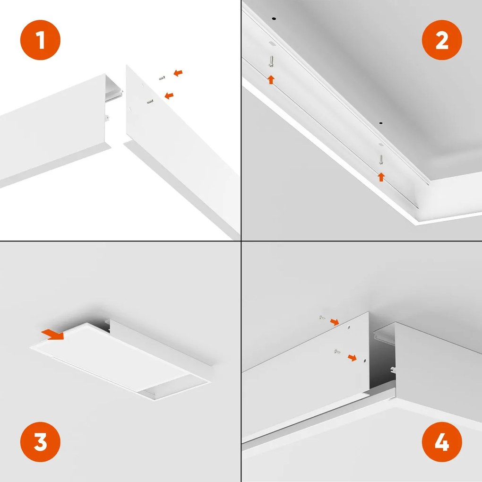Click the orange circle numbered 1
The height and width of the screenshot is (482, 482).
click(40, 41)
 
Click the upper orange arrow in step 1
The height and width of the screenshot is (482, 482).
click(178, 73)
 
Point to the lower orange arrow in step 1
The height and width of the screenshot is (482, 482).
click(168, 95)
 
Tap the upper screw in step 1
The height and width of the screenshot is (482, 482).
click(162, 78)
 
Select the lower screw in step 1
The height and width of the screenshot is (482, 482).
click(151, 101)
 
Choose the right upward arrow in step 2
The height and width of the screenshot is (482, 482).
click(381, 177)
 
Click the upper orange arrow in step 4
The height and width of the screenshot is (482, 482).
click(334, 322)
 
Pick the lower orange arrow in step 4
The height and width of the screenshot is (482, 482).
click(352, 357)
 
